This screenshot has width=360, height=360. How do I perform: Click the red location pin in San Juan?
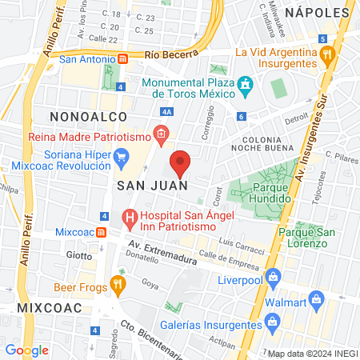tap(181, 162)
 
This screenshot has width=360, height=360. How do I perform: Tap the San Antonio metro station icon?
tap(123, 58)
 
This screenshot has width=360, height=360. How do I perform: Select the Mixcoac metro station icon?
tap(102, 232)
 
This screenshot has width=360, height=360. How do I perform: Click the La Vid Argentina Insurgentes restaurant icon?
tap(326, 54)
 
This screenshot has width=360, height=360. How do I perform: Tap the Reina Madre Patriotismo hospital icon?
tap(161, 134)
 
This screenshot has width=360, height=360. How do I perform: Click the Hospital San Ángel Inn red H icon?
tap(129, 217)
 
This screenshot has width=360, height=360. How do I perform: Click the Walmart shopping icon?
tap(317, 302)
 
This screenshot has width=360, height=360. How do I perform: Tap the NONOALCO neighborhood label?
tap(84, 116)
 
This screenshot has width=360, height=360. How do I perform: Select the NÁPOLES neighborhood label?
tap(318, 14)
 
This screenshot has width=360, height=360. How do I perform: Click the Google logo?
tap(26, 350)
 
